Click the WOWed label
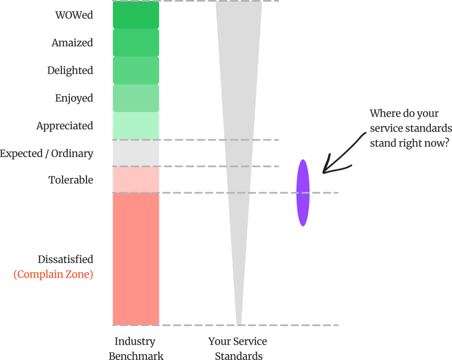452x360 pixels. [74, 15]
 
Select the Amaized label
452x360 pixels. [72, 43]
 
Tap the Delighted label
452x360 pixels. [70, 71]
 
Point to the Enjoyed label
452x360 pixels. [74, 98]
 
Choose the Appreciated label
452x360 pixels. [64, 126]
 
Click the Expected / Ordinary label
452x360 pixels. [47, 154]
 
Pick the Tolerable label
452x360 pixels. [71, 180]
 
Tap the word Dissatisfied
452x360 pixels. [65, 259]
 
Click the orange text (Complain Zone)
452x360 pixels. [53, 274]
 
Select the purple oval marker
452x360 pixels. [303, 193]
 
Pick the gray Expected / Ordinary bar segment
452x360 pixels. [136, 153]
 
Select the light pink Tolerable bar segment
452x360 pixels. [136, 180]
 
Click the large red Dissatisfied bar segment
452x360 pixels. [136, 259]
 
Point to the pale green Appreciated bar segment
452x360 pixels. [136, 126]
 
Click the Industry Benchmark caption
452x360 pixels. [136, 348]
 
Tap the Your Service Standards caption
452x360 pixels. [238, 348]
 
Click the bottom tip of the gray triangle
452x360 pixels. [239, 323]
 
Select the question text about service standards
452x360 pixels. [411, 128]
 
